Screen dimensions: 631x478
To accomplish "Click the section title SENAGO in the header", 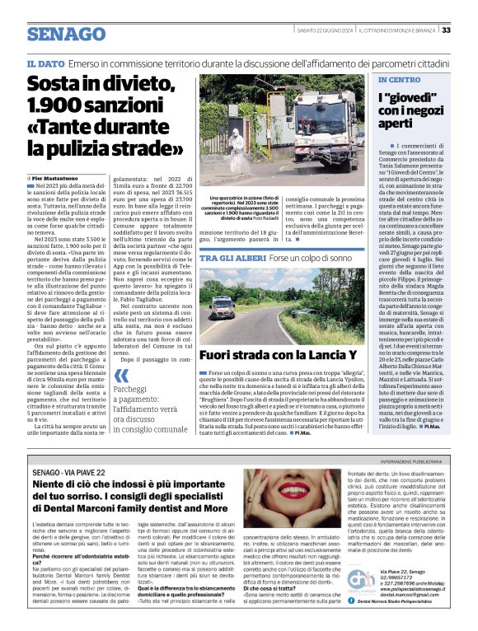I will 62,34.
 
